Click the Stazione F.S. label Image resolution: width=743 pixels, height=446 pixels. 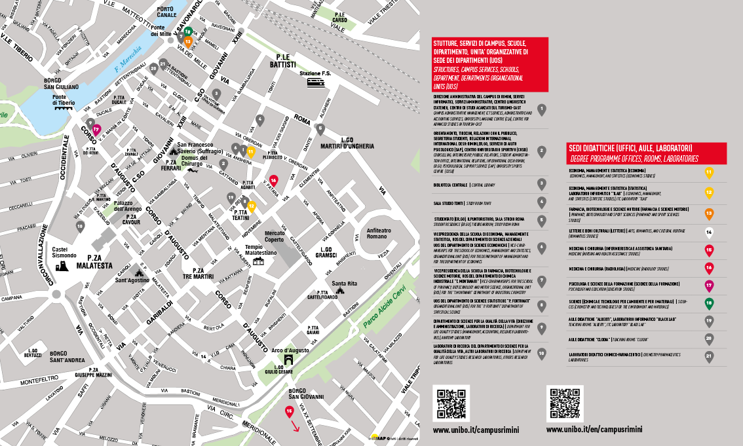(x=315, y=73)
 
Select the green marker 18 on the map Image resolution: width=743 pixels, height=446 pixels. (x=187, y=31)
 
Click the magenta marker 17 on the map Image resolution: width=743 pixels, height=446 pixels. (x=96, y=129)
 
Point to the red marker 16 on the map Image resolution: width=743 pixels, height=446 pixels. (x=273, y=179)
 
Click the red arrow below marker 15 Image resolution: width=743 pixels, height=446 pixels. (x=295, y=428)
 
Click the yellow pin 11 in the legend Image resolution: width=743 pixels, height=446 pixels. (x=708, y=173)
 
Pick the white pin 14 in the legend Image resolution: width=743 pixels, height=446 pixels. (x=708, y=231)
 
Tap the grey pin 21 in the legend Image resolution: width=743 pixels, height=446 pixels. (x=708, y=356)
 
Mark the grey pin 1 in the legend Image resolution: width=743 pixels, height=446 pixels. (x=541, y=109)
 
